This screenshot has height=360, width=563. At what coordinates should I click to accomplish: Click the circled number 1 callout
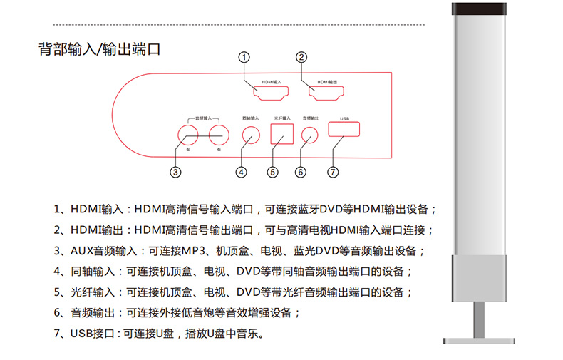pos(244,57)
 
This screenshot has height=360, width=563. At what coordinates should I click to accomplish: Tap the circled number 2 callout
pos(301,57)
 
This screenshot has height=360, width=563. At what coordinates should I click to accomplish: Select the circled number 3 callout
pos(175,172)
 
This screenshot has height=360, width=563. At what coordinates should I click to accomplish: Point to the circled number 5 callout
pos(272,172)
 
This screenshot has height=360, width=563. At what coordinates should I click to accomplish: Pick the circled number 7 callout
pos(332,172)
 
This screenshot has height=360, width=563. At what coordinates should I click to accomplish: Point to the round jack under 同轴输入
pos(251,134)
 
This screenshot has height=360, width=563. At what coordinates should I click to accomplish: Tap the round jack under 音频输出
pos(310,134)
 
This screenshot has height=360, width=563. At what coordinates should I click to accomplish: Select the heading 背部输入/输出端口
pos(98,50)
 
